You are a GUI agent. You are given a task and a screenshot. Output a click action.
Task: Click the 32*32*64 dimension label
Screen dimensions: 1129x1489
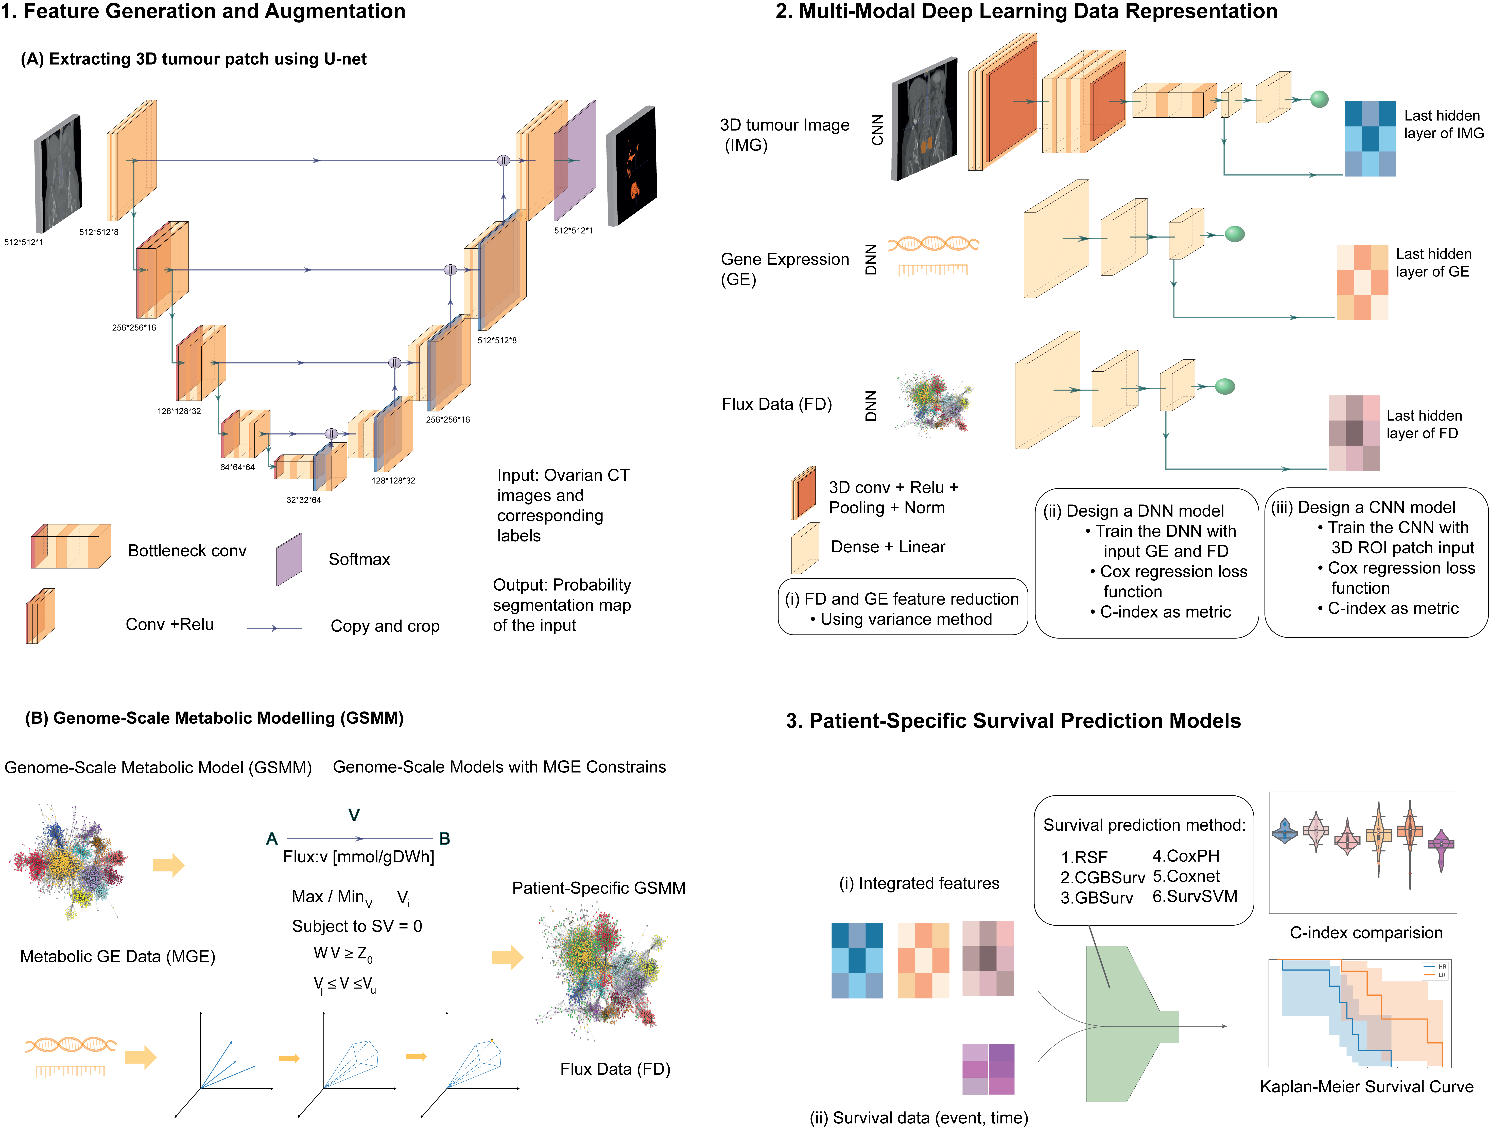[304, 500]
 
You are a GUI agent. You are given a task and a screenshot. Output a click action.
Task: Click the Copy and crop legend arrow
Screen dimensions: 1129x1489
[275, 628]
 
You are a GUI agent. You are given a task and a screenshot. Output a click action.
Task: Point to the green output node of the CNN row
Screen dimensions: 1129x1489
[1319, 99]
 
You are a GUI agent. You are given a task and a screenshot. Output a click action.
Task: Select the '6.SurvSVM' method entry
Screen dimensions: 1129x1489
[1195, 896]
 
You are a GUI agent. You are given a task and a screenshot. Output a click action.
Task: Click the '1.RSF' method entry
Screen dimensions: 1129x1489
[1084, 857]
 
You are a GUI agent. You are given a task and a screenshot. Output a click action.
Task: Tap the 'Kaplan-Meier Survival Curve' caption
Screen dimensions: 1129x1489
[1366, 1087]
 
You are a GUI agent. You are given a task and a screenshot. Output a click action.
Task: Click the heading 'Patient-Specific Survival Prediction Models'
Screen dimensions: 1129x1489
[1013, 721]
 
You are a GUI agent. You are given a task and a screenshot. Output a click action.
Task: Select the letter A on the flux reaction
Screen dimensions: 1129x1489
[272, 838]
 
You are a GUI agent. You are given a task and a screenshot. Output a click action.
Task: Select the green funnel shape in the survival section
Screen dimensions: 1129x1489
[1124, 1023]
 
